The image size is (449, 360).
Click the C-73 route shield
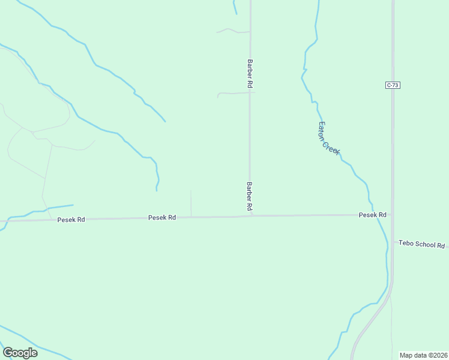pyautogui.click(x=393, y=85)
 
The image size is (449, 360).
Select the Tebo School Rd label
pyautogui.click(x=421, y=245)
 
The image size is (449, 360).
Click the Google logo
pyautogui.click(x=20, y=352)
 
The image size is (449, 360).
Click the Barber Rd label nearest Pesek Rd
pyautogui.click(x=248, y=196)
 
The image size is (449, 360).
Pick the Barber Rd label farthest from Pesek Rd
pyautogui.click(x=248, y=73)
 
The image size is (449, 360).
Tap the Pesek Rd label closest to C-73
pyautogui.click(x=372, y=214)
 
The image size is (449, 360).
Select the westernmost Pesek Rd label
pyautogui.click(x=71, y=220)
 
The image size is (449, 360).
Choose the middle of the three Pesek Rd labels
pyautogui.click(x=162, y=217)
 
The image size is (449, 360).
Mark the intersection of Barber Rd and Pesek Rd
pyautogui.click(x=251, y=215)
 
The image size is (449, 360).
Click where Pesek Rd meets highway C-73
pyautogui.click(x=393, y=214)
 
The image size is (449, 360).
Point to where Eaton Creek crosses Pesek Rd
pyautogui.click(x=378, y=214)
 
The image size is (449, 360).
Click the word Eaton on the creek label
pyautogui.click(x=322, y=128)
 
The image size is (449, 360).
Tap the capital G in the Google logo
pyautogui.click(x=8, y=352)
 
